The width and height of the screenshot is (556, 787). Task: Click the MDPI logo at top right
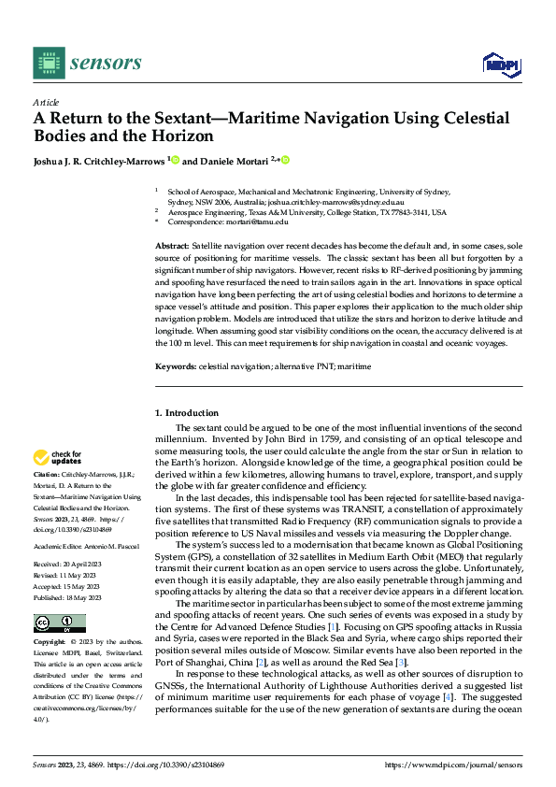click(500, 64)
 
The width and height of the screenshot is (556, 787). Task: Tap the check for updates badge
click(58, 458)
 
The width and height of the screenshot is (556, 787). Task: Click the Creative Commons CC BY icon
click(59, 623)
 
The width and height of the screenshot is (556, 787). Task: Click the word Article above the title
click(46, 103)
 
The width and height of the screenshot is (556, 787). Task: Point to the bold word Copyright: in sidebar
click(49, 643)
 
